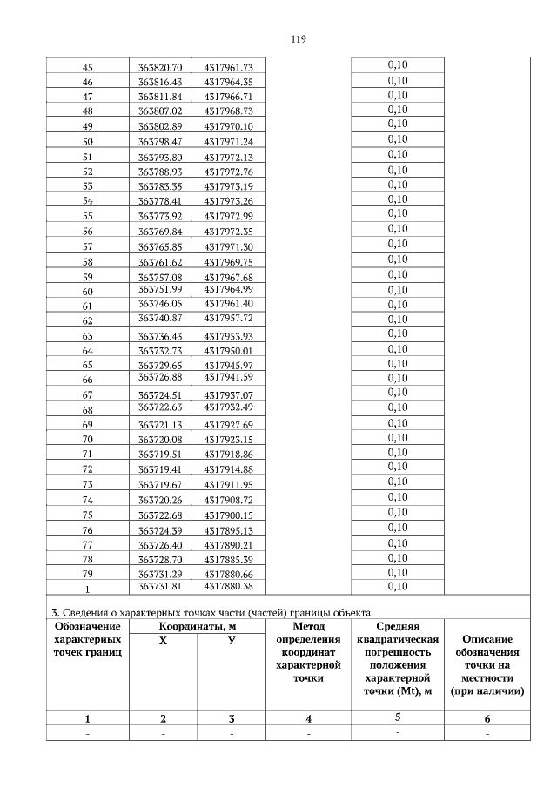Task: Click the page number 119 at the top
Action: pyautogui.click(x=297, y=39)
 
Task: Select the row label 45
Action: pyautogui.click(x=87, y=67)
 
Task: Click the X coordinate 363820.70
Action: pyautogui.click(x=160, y=67)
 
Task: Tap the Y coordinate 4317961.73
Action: pyautogui.click(x=228, y=67)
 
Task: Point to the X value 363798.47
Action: pyautogui.click(x=160, y=141)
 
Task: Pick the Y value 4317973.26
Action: pyautogui.click(x=228, y=200)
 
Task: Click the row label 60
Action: pyautogui.click(x=87, y=291)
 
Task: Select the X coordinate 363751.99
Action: pyautogui.click(x=160, y=289)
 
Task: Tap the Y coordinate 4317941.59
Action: pyautogui.click(x=228, y=377)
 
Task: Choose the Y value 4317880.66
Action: pyautogui.click(x=228, y=573)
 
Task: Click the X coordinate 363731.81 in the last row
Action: pyautogui.click(x=160, y=588)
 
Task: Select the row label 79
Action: pyautogui.click(x=87, y=573)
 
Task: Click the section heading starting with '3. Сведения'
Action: pyautogui.click(x=209, y=610)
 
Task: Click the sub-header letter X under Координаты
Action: pyautogui.click(x=163, y=640)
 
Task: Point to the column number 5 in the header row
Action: pyautogui.click(x=398, y=717)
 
